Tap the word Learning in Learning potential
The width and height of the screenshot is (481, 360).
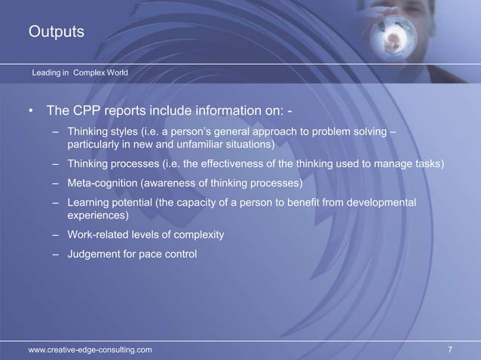click(x=88, y=203)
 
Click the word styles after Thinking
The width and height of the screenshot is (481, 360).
click(x=126, y=133)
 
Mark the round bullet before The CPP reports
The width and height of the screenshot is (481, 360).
click(x=32, y=113)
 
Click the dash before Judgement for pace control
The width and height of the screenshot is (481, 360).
click(x=56, y=254)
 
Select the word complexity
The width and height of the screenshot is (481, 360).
click(x=198, y=234)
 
